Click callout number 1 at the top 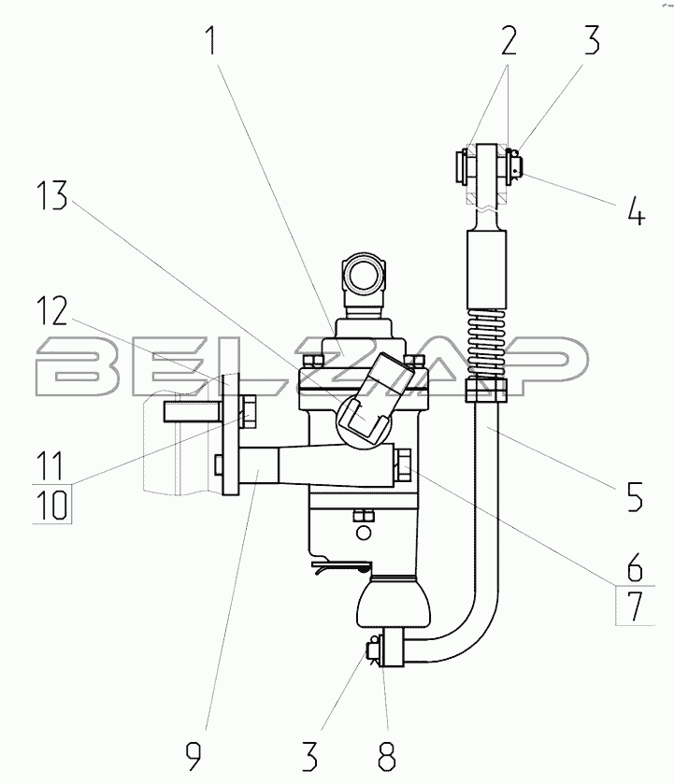click(x=212, y=40)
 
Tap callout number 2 click(x=508, y=40)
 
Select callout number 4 click(x=636, y=210)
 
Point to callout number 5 click(x=634, y=496)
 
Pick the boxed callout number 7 click(x=635, y=606)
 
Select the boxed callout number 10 click(x=52, y=505)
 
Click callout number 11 click(x=51, y=465)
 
